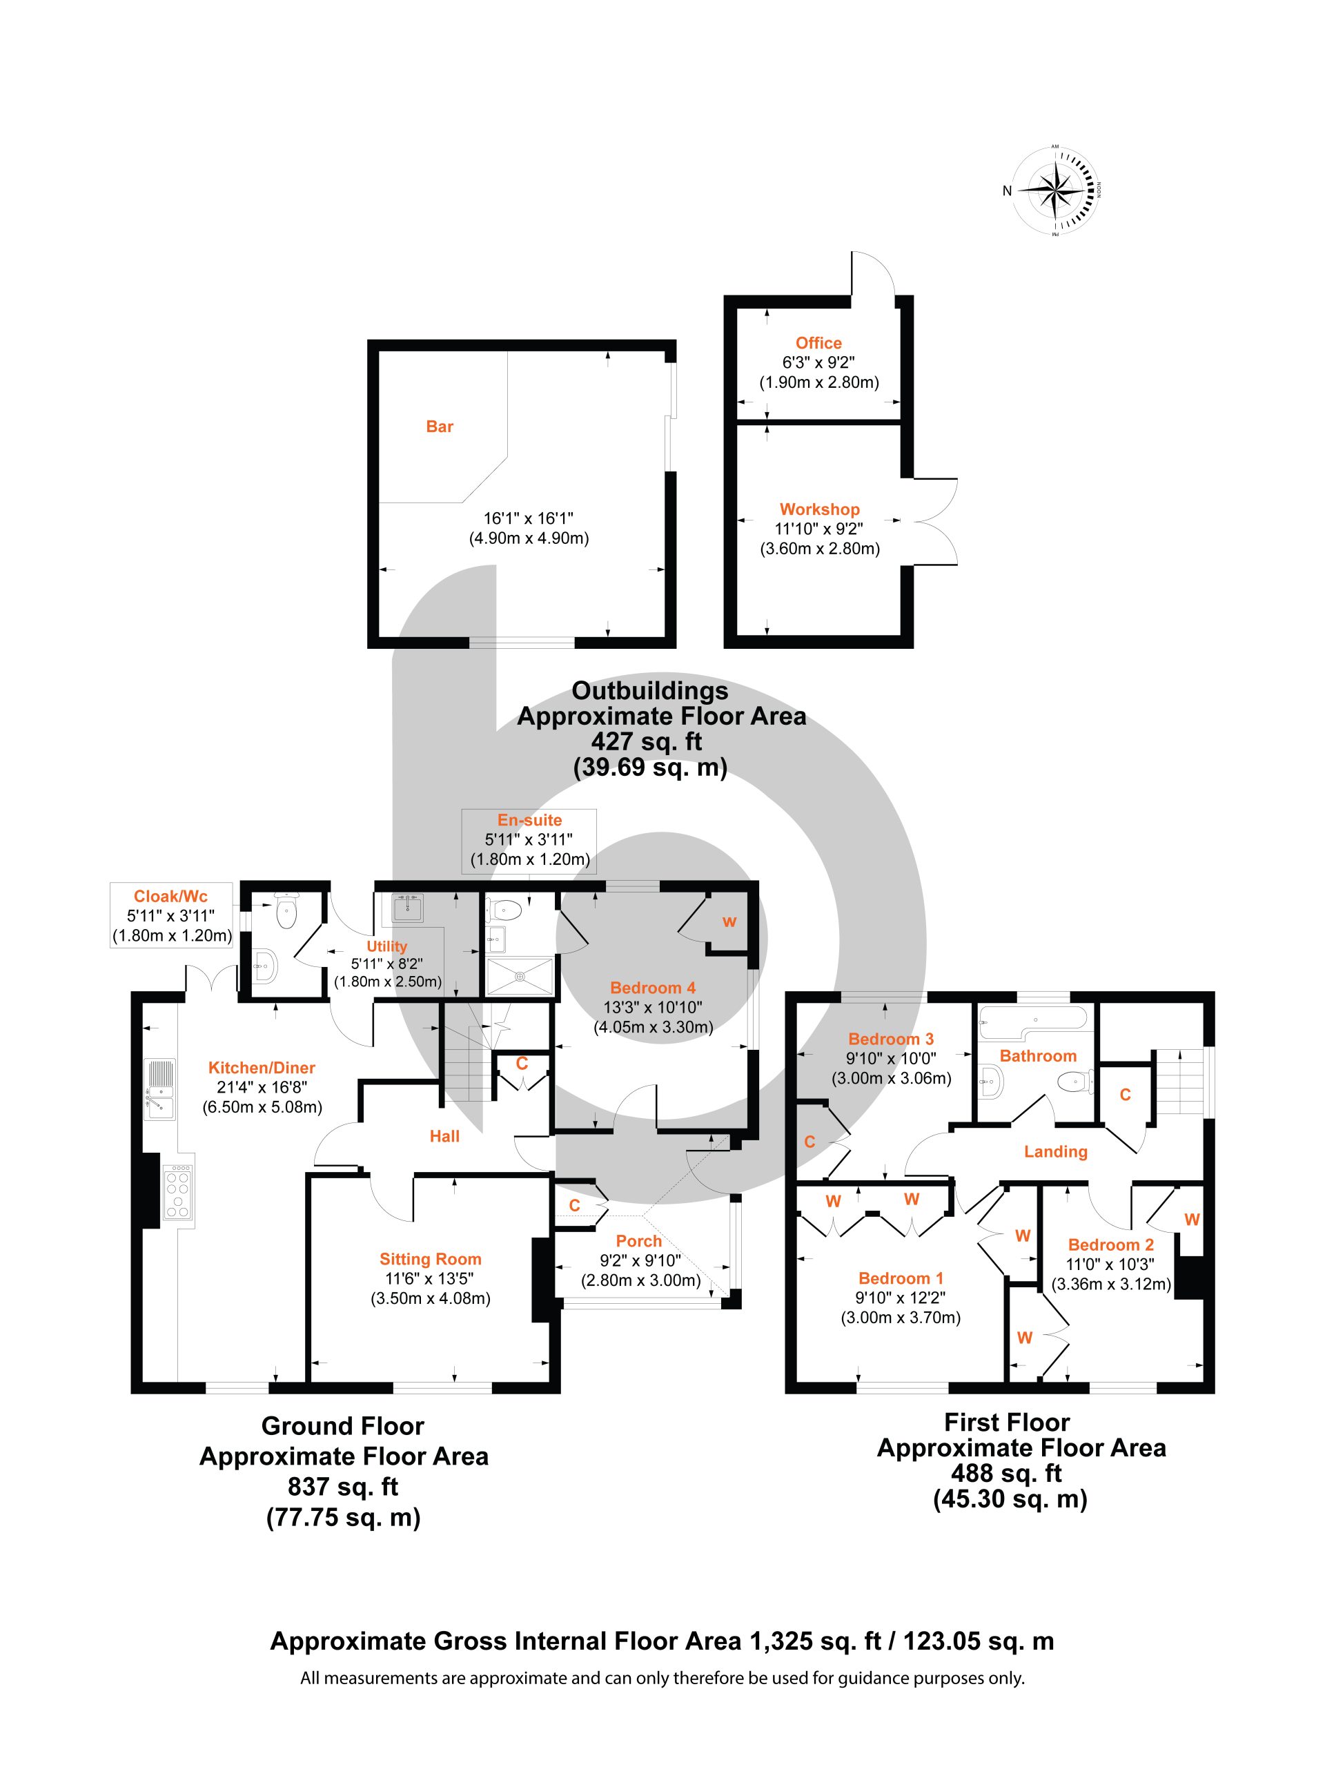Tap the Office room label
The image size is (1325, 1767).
[x=818, y=342]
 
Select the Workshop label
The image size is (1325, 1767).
[x=819, y=509]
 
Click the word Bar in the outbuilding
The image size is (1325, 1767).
[x=440, y=427]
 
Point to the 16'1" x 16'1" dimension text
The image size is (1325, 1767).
[x=528, y=518]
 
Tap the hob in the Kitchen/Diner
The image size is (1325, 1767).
[x=178, y=1192]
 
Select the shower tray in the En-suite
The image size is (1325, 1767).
[x=520, y=976]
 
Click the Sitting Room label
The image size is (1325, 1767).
[x=431, y=1259]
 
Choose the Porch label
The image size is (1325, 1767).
[x=639, y=1240]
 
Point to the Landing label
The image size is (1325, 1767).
[x=1056, y=1151]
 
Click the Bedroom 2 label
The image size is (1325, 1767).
[x=1111, y=1244]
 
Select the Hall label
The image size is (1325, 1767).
[x=445, y=1136]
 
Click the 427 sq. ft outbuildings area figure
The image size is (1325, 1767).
[x=647, y=741]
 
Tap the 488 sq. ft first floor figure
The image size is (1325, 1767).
[x=1006, y=1472]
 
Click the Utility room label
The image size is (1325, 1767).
[x=386, y=946]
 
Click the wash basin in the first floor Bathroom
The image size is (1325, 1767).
[x=991, y=1080]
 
